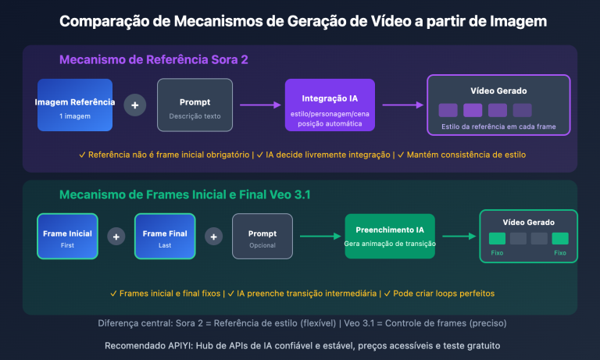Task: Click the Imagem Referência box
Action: pos(75,105)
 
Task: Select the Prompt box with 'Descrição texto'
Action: pos(195,105)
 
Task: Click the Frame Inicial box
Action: pos(67,236)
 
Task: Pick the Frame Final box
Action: pos(164,236)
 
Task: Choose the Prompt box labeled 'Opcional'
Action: pos(262,236)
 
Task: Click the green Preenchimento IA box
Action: pos(388,236)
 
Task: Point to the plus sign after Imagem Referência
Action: pos(135,105)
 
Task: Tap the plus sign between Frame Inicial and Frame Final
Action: pos(116,236)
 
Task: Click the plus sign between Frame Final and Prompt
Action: pos(213,236)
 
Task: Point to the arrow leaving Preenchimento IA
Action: pos(457,236)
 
